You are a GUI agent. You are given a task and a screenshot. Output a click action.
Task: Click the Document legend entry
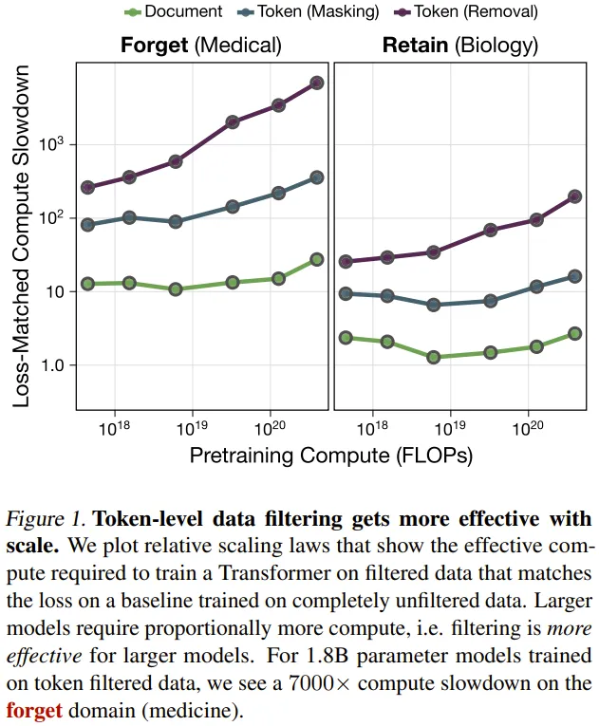click(175, 12)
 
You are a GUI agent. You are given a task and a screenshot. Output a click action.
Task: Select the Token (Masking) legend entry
click(305, 12)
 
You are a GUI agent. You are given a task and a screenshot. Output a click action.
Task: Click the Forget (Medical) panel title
click(201, 45)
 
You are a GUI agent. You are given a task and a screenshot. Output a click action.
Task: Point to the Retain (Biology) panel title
click(459, 45)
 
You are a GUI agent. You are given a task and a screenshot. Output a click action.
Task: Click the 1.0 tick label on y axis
click(53, 365)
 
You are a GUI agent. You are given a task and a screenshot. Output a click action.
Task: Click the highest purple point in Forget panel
click(317, 84)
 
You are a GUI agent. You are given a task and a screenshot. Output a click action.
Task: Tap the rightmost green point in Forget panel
click(317, 259)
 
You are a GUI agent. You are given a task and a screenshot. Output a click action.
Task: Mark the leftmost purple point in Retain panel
click(346, 261)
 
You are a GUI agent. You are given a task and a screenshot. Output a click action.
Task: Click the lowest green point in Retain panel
click(434, 358)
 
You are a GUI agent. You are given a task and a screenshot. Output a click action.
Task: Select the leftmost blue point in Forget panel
click(88, 225)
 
